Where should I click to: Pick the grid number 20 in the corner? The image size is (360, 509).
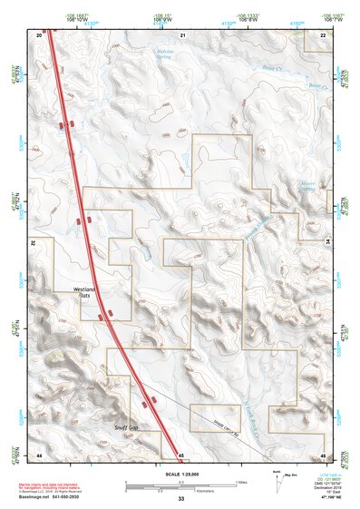point(40,34)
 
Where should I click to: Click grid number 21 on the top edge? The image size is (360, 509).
point(182,34)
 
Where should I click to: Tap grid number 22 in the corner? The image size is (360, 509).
point(323,34)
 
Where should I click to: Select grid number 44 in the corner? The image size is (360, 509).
point(40,454)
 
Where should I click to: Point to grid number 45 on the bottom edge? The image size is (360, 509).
point(181,454)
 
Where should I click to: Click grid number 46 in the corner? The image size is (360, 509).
point(323,454)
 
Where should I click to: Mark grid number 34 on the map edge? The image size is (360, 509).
point(327,242)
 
